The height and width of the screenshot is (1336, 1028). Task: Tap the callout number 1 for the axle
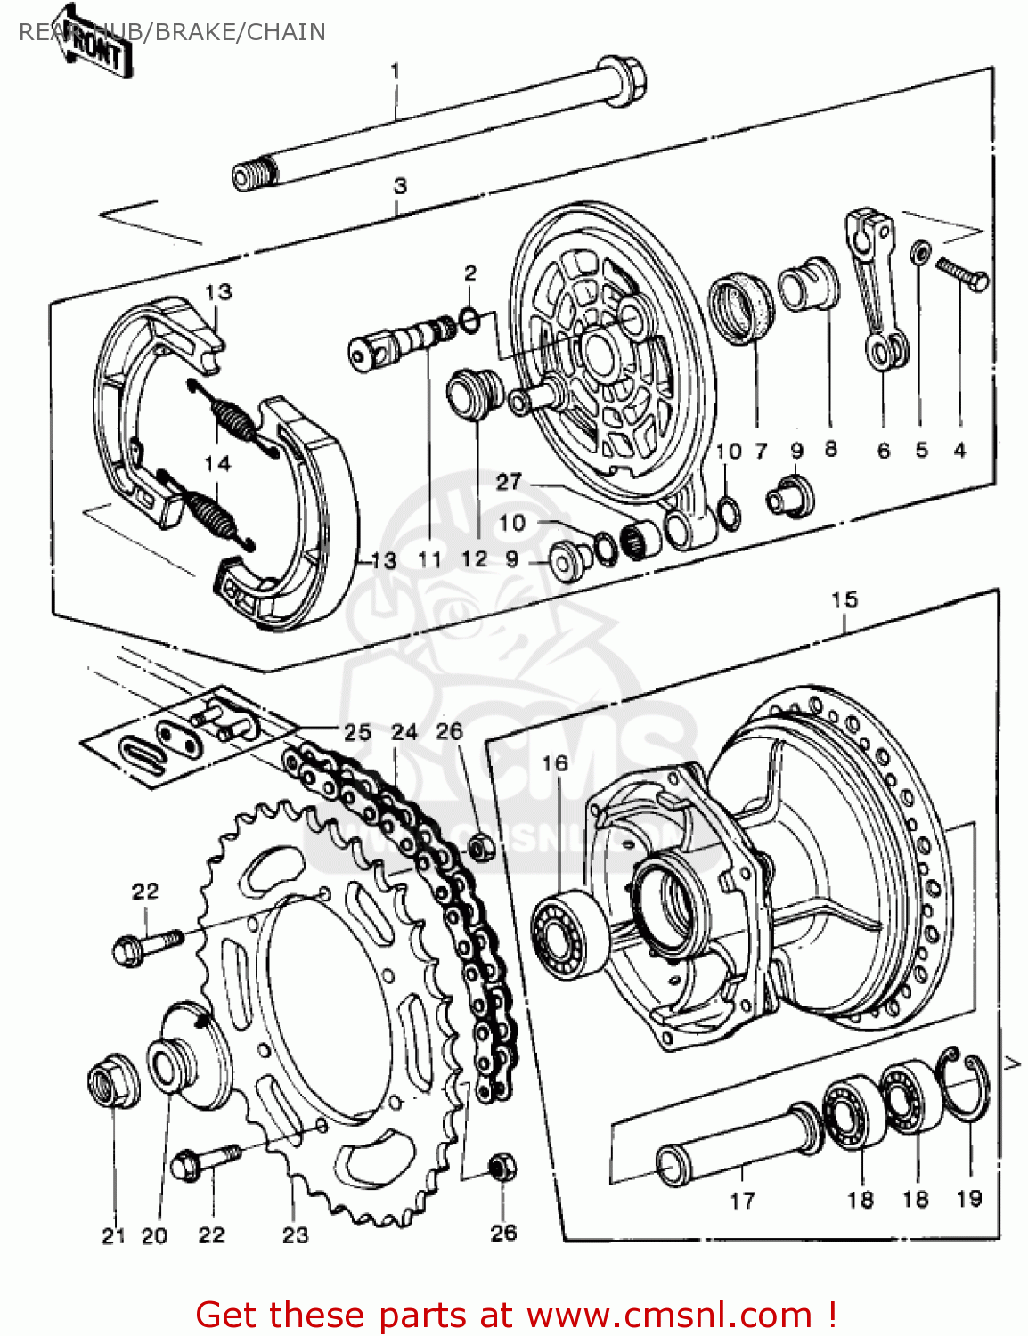pyautogui.click(x=396, y=71)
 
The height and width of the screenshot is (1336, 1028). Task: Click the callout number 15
pyautogui.click(x=844, y=600)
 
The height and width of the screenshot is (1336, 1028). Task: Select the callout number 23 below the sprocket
pyautogui.click(x=295, y=1234)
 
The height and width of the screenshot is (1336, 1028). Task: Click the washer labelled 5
pyautogui.click(x=921, y=253)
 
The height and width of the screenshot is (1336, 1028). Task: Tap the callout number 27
pyautogui.click(x=509, y=482)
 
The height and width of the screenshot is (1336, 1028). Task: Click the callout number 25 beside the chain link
pyautogui.click(x=357, y=732)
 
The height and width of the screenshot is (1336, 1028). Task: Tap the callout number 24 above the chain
pyautogui.click(x=404, y=732)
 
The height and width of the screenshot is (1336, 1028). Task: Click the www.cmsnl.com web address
pyautogui.click(x=669, y=1315)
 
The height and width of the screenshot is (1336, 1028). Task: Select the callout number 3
pyautogui.click(x=400, y=186)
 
